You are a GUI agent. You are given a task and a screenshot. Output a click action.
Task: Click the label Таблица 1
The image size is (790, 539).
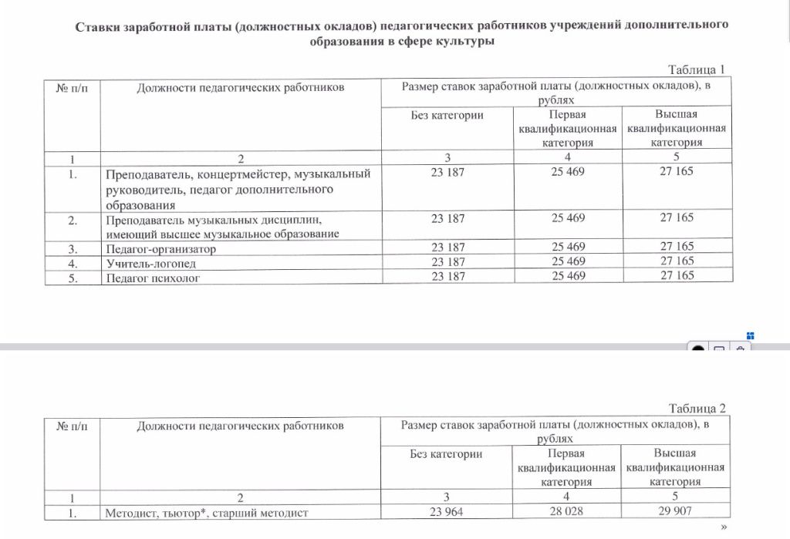(x=697, y=69)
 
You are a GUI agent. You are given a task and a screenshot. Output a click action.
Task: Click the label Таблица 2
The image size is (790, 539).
(x=697, y=409)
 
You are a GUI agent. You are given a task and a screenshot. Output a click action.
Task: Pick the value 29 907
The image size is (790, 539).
(x=676, y=512)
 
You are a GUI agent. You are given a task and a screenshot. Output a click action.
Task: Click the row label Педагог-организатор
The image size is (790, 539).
(x=160, y=248)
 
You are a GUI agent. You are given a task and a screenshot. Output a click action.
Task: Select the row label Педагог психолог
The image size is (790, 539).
(x=152, y=278)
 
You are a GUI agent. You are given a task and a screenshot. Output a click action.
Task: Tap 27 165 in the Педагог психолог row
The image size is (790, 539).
(x=677, y=275)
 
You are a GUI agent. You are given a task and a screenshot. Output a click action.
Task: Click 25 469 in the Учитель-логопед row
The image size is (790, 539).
(x=568, y=261)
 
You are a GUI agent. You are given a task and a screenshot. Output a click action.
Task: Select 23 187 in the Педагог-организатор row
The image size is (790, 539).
(x=447, y=248)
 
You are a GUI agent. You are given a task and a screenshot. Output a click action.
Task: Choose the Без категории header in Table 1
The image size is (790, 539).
(x=447, y=115)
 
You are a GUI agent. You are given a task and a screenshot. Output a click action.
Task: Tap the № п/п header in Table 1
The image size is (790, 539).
(x=73, y=87)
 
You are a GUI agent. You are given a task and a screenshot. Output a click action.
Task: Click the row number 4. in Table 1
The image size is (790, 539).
(x=73, y=263)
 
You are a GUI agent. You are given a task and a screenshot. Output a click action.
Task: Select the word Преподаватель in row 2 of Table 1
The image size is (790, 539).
(x=147, y=219)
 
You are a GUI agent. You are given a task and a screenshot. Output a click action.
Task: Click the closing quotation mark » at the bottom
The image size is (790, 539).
(x=723, y=527)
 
